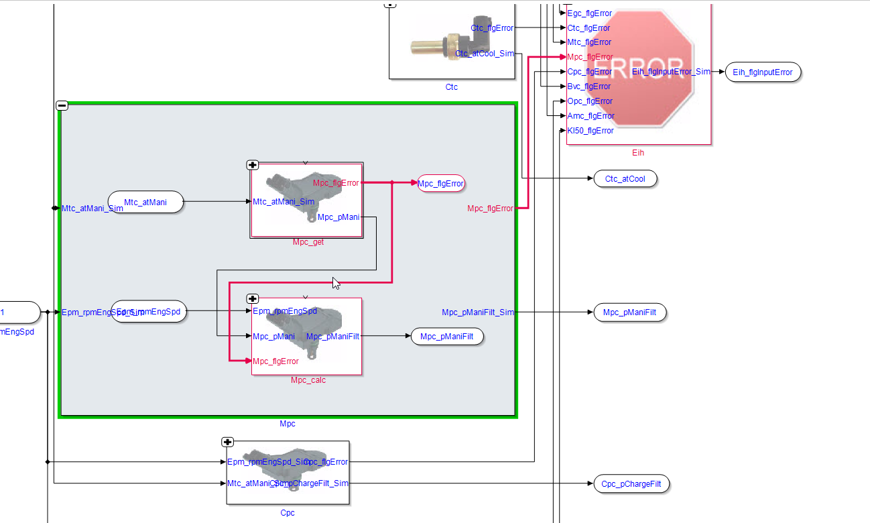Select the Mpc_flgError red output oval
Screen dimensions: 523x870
[441, 183]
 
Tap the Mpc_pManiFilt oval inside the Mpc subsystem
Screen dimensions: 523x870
[446, 337]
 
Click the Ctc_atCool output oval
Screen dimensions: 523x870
[625, 178]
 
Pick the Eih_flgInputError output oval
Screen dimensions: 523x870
[763, 72]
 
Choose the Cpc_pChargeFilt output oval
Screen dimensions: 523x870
[631, 483]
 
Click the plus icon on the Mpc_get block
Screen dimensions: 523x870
[253, 165]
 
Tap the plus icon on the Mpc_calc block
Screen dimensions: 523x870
[253, 299]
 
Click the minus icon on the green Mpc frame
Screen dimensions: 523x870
[62, 105]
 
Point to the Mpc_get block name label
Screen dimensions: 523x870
[308, 242]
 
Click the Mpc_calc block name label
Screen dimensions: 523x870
[308, 380]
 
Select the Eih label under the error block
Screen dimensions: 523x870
[638, 153]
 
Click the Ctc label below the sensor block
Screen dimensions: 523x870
[452, 86]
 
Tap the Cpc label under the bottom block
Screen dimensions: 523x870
[288, 513]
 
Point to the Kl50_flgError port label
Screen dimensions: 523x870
[590, 131]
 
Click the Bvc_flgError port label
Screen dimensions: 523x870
[588, 86]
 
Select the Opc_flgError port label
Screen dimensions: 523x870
[590, 101]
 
